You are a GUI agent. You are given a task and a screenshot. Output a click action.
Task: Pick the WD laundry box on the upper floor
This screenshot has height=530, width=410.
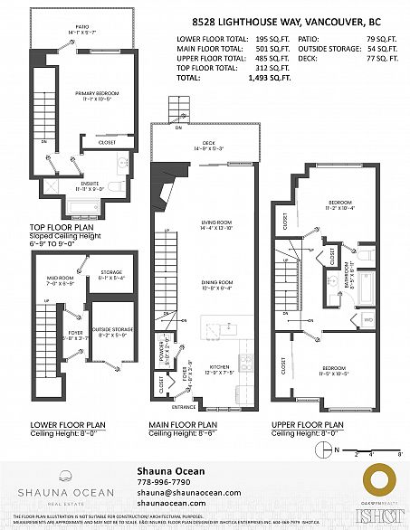368,320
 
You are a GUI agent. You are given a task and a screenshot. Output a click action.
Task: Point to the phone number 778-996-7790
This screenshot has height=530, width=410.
163,482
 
